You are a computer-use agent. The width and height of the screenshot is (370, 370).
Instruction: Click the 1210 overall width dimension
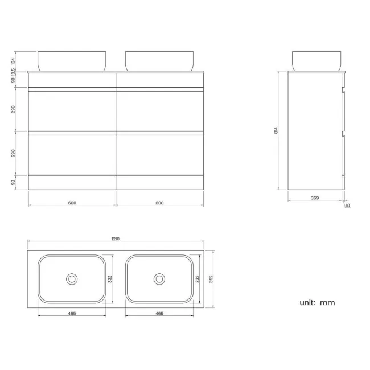pos(116,239)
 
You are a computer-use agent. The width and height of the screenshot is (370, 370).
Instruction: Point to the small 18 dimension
pos(347,206)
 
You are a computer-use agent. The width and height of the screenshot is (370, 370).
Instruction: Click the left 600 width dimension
pos(72,203)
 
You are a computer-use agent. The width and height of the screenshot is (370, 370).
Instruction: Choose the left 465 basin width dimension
pos(72,313)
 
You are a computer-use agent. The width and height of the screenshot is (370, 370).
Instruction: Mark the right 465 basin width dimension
pos(159,313)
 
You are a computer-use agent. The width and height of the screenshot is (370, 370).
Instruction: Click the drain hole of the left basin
pos(72,279)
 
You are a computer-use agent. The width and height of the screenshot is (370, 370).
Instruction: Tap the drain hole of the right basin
pos(159,279)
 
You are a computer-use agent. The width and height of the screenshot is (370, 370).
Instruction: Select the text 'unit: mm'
pos(317,302)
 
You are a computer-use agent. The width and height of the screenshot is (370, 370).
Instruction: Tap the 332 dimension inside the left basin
pos(109,279)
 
